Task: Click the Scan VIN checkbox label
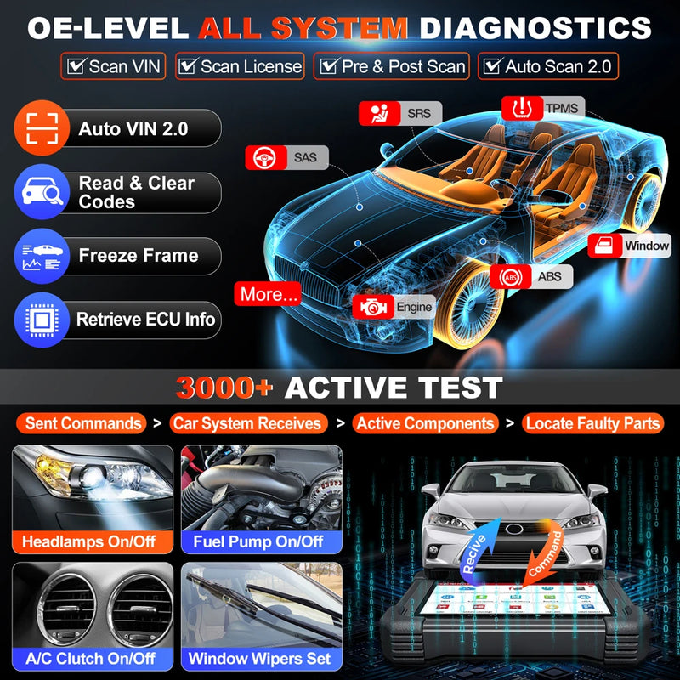(113, 66)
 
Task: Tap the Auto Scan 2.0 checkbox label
(548, 66)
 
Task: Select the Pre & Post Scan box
(390, 66)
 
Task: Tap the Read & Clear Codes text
(136, 192)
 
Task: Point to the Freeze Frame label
(138, 255)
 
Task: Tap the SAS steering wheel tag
(286, 157)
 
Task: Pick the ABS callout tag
(530, 276)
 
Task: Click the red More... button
(269, 295)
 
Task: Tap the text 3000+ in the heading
(224, 388)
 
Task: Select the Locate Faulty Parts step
(592, 423)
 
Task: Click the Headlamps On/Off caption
(89, 541)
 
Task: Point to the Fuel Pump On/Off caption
(260, 541)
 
